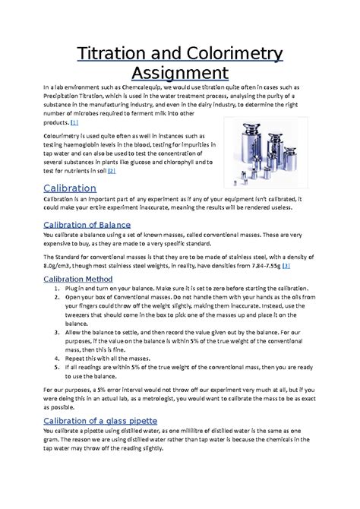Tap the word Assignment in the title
(180, 73)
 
